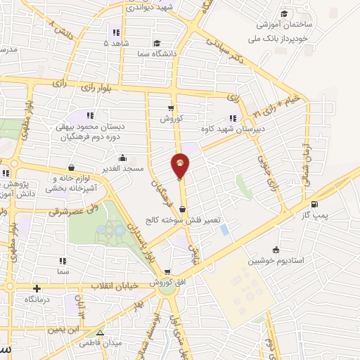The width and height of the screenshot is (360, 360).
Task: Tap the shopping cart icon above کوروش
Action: tap(171, 108)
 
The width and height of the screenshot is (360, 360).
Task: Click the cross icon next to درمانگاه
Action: tap(37, 288)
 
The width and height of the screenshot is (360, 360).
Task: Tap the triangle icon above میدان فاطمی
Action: tap(101, 333)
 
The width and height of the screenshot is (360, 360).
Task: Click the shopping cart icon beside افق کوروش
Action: tap(167, 272)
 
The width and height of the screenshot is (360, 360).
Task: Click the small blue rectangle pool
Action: tap(224, 230)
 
